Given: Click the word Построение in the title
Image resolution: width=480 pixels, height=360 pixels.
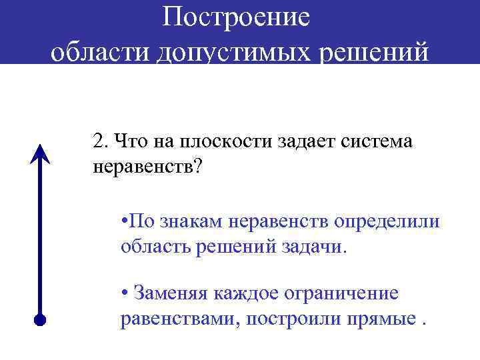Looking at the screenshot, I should (237, 17).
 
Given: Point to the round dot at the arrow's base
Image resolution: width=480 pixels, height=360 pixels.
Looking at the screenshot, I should (41, 319).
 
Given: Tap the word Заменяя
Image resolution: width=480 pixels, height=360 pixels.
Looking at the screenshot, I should (169, 293).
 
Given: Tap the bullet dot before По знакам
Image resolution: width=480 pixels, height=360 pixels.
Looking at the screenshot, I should (125, 222).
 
